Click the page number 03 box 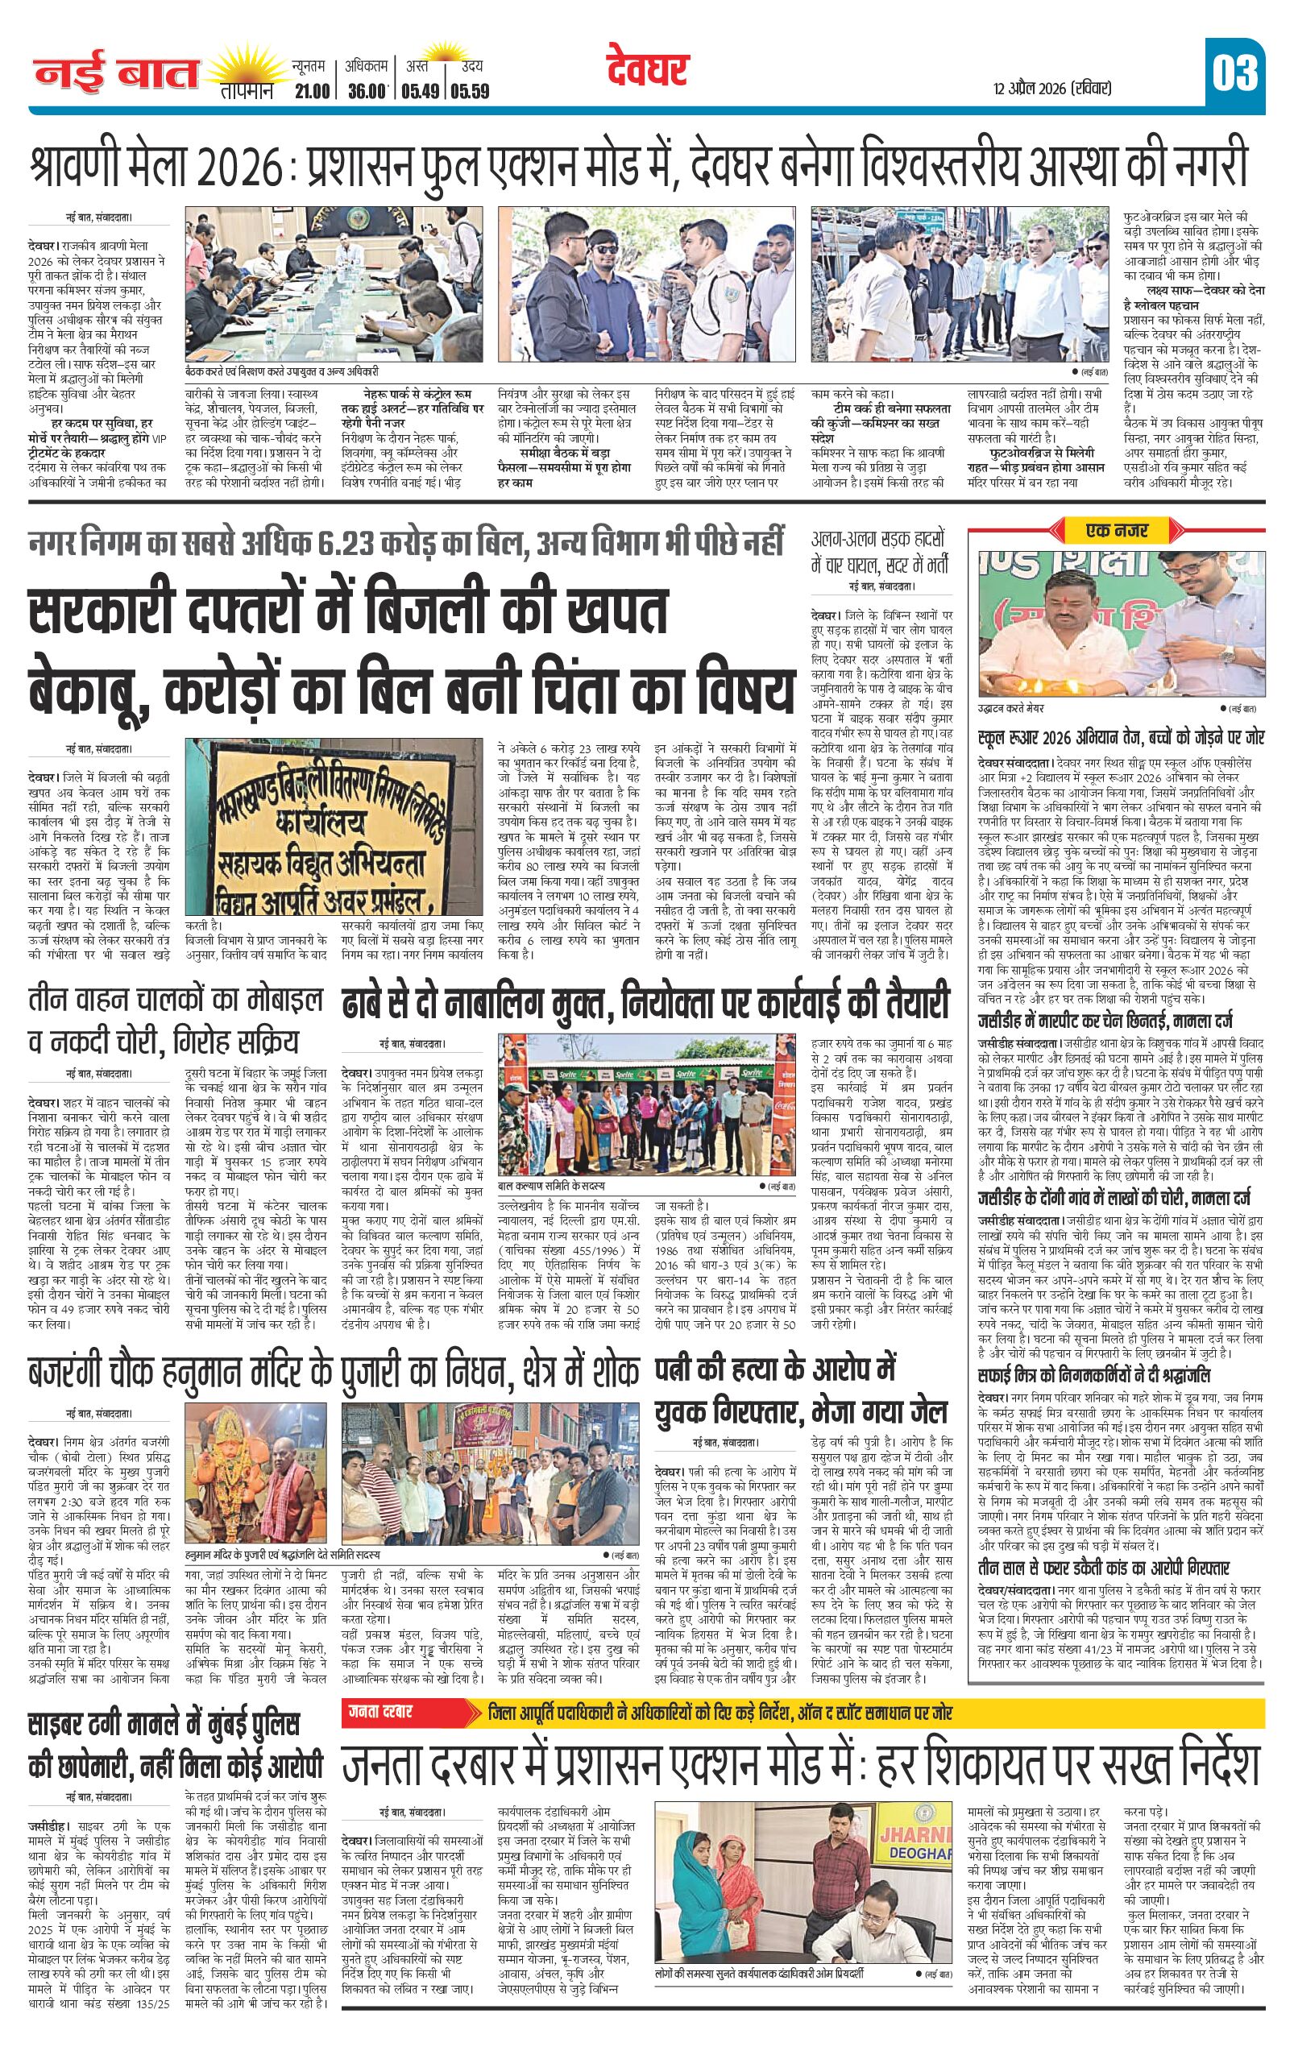coord(1234,74)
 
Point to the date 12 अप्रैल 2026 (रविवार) coord(1051,88)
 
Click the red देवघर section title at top coord(649,71)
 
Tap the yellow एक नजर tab coord(1117,530)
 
